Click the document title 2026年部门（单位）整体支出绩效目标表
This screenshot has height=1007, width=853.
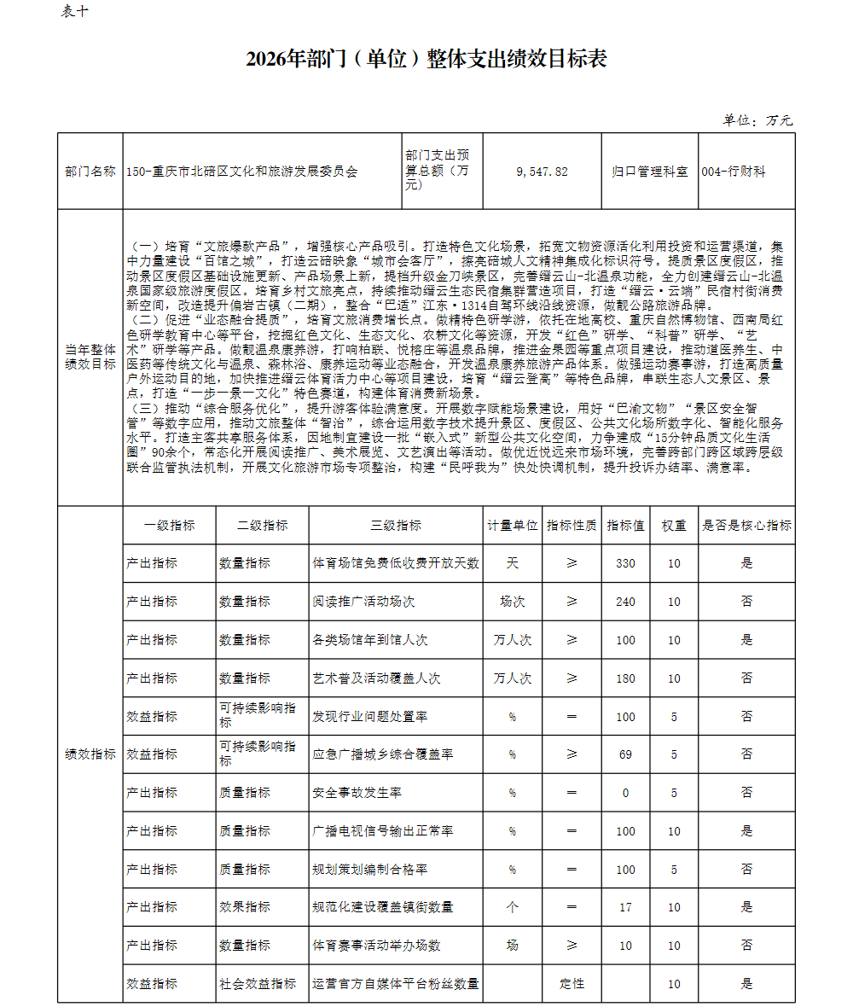pyautogui.click(x=426, y=59)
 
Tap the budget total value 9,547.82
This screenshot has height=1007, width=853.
pyautogui.click(x=542, y=172)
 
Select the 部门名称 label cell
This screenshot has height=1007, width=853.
pyautogui.click(x=90, y=172)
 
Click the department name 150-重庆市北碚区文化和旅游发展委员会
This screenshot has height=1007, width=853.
pyautogui.click(x=241, y=172)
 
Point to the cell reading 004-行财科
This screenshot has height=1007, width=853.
pyautogui.click(x=734, y=172)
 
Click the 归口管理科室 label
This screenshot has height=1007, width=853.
pyautogui.click(x=649, y=172)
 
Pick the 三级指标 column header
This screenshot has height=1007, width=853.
pyautogui.click(x=396, y=526)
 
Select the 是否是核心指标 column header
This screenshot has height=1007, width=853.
pyautogui.click(x=746, y=526)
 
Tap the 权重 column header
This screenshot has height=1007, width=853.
pyautogui.click(x=674, y=526)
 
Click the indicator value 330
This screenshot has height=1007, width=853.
pyautogui.click(x=625, y=563)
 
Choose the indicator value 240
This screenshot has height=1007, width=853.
pyautogui.click(x=625, y=602)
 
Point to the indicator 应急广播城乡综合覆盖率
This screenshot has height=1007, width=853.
pyautogui.click(x=383, y=754)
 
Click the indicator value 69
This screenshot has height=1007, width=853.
pyautogui.click(x=625, y=754)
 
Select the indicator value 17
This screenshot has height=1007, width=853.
pyautogui.click(x=625, y=907)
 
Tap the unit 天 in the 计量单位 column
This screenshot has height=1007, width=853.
pyautogui.click(x=512, y=563)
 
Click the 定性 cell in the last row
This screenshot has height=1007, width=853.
pyautogui.click(x=572, y=984)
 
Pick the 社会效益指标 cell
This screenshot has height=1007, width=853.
pyautogui.click(x=258, y=984)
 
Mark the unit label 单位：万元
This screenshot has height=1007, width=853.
pyautogui.click(x=757, y=120)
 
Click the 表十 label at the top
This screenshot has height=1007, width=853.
pyautogui.click(x=74, y=12)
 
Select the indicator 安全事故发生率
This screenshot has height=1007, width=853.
pyautogui.click(x=357, y=793)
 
